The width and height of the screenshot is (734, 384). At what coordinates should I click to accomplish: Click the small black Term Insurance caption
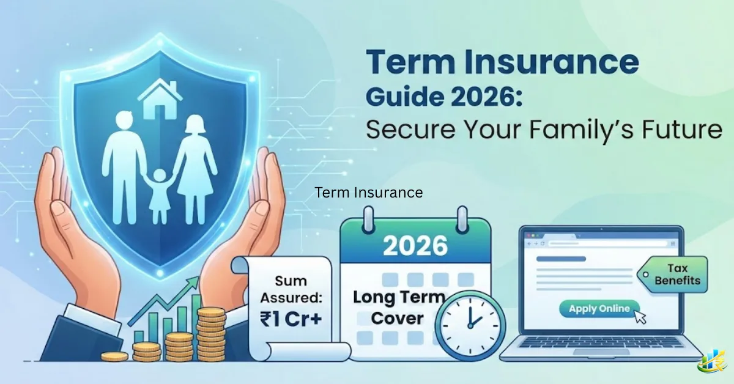[369, 193]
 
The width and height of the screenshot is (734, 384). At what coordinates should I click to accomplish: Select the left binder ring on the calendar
[368, 220]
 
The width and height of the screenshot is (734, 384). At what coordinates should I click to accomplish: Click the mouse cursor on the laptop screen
[640, 317]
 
